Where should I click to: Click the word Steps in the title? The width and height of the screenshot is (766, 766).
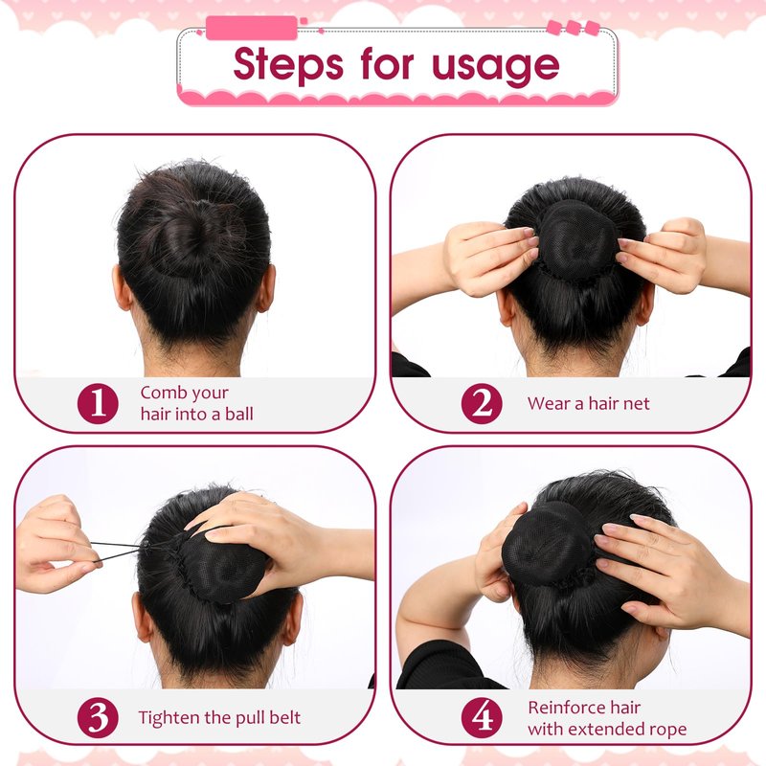(288, 65)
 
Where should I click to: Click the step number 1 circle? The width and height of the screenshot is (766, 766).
(98, 403)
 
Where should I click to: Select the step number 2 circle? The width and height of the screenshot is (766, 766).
(482, 403)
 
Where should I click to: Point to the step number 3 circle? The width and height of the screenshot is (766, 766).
(98, 717)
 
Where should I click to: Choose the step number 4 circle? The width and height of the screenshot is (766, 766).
(482, 717)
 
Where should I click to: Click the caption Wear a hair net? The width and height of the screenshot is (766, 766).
(589, 403)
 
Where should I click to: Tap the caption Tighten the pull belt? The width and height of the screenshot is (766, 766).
(219, 717)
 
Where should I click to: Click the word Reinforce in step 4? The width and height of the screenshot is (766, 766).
(565, 707)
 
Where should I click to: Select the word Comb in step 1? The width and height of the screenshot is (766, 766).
(158, 393)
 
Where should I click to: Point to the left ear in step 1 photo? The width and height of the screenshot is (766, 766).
(123, 289)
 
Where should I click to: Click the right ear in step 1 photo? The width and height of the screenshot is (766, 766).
(266, 289)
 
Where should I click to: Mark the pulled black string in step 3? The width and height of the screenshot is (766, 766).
(117, 550)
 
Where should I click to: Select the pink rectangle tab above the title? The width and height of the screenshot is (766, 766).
(252, 28)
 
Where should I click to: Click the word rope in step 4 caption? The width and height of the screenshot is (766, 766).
(667, 730)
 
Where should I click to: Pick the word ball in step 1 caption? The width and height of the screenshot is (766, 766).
(238, 414)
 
